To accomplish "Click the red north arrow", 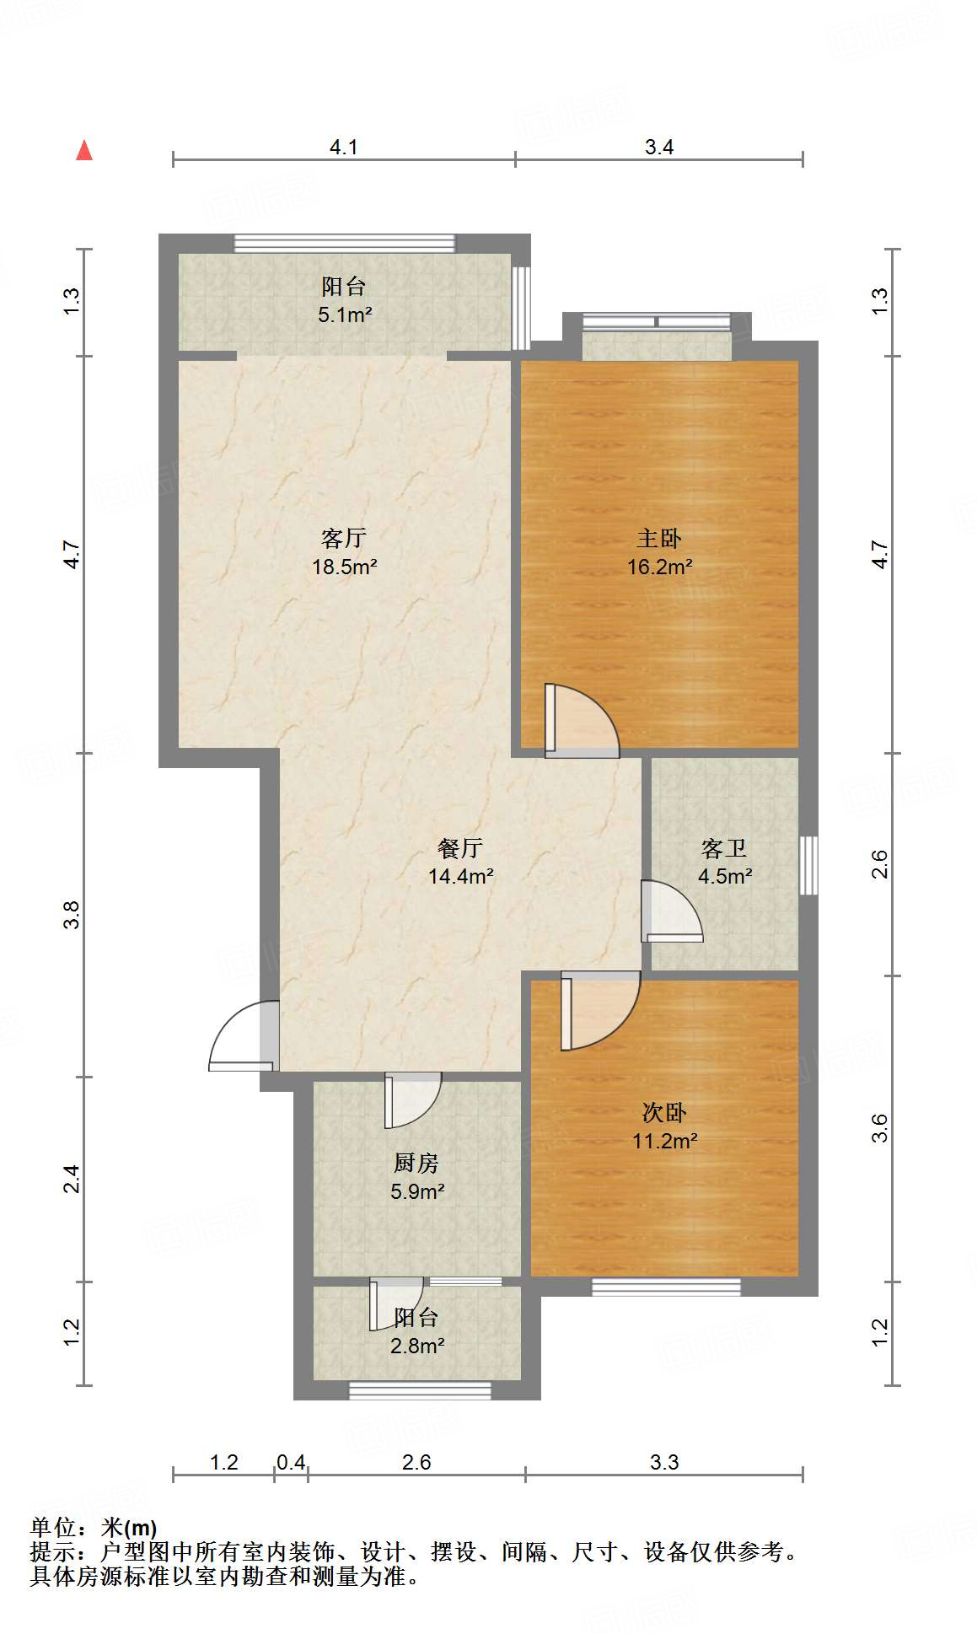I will [84, 151].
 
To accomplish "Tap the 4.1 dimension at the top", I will [343, 147].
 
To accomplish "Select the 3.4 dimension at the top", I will [658, 147].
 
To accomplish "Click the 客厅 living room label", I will [344, 538].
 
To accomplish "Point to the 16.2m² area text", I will [659, 567].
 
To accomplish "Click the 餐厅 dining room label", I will [460, 848].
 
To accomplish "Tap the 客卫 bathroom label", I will [724, 848].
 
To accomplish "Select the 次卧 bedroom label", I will [664, 1113].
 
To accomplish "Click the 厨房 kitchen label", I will [416, 1164].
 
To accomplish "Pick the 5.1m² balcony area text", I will [345, 315].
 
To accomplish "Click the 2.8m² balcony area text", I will [417, 1346].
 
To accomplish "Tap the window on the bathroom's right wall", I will [808, 865].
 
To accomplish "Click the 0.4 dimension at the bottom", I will [291, 1462].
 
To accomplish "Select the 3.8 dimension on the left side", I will [72, 915].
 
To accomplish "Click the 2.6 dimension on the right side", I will [879, 864].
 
